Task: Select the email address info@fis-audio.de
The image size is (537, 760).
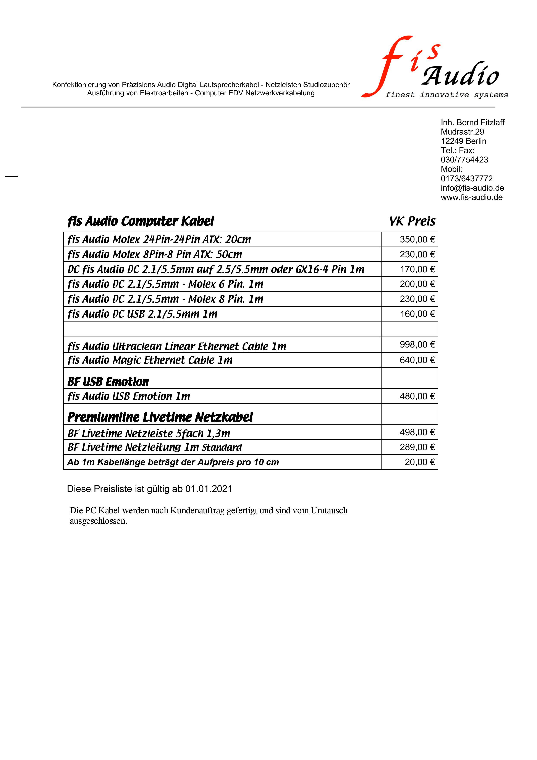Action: pos(472,188)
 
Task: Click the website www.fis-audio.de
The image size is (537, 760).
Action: pos(471,197)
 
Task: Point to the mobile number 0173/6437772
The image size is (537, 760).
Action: pos(467,179)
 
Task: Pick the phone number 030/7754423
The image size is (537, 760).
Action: pos(464,160)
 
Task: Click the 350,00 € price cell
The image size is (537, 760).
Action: pos(417,239)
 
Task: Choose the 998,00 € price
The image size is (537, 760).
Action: pos(417,345)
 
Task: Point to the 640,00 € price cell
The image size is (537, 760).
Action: pos(417,360)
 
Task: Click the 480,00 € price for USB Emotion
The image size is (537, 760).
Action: pos(417,396)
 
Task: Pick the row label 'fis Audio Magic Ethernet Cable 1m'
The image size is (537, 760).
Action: pos(150,360)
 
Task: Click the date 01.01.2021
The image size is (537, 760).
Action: pos(209,489)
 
